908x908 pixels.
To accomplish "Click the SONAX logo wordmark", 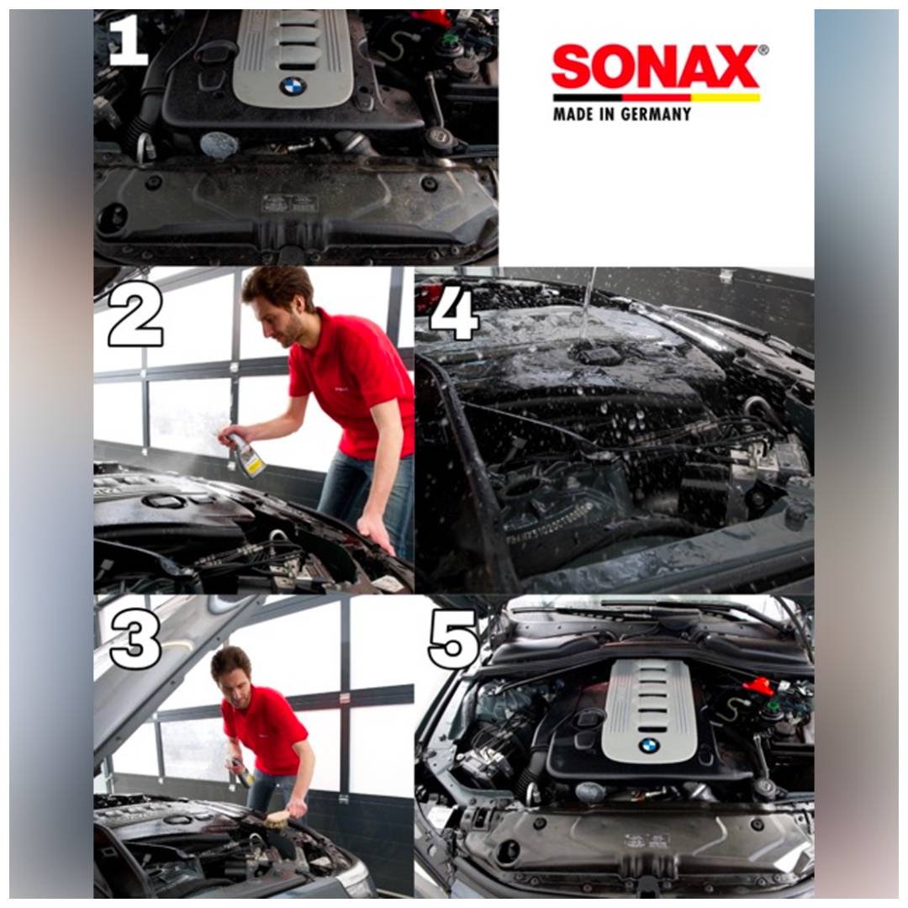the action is [655, 67].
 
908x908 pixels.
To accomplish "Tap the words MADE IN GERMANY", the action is [622, 113].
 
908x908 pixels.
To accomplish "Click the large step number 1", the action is [129, 40].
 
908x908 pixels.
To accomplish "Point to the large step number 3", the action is [135, 640].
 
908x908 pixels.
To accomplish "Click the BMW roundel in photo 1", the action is [293, 87].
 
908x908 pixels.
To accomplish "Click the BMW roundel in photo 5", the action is [650, 746].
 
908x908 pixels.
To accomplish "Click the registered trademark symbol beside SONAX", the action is [763, 50].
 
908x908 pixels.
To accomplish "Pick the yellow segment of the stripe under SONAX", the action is [725, 98].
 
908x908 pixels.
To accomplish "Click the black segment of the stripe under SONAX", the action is [587, 98].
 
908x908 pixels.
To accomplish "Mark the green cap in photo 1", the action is [446, 40].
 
